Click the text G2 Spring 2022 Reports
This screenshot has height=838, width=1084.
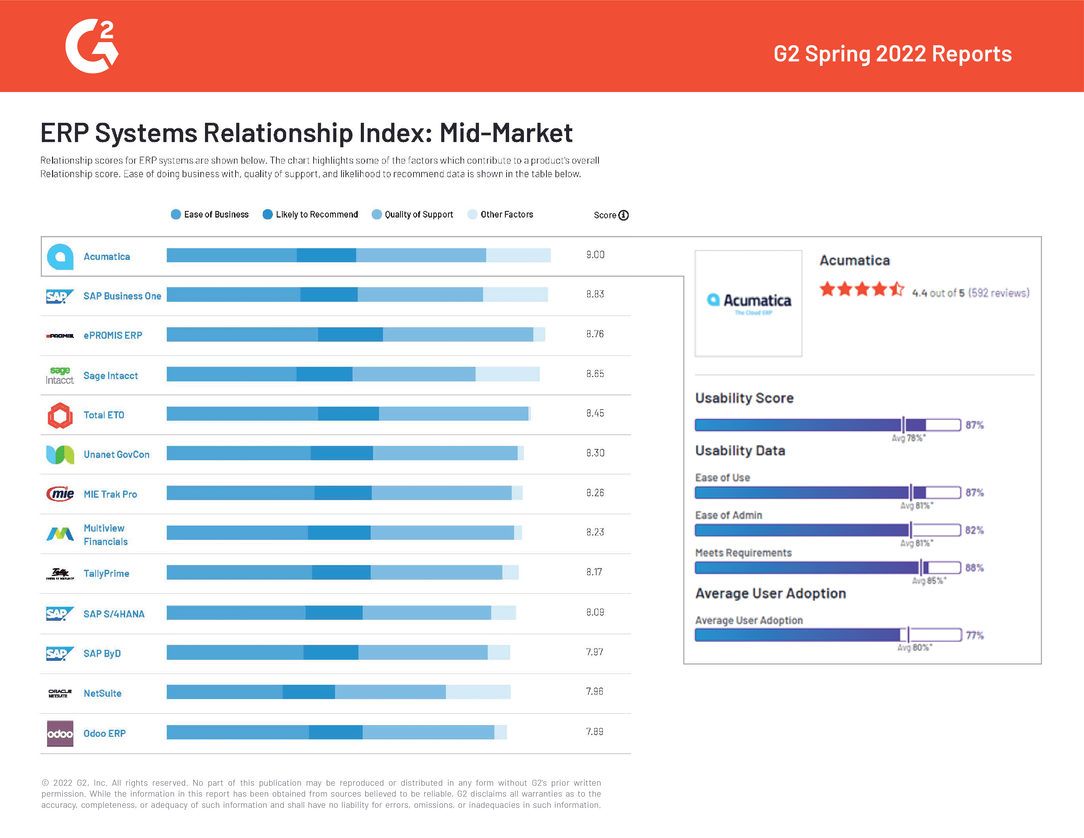pos(892,54)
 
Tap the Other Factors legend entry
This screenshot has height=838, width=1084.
pos(501,214)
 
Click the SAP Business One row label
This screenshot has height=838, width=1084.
pos(122,296)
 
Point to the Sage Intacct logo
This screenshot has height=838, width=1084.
pos(60,375)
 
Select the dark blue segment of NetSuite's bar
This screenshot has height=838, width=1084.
pos(309,692)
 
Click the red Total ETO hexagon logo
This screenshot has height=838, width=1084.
pos(60,415)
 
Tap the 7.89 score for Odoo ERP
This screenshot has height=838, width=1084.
pos(594,731)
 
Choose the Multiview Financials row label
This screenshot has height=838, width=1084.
pos(105,535)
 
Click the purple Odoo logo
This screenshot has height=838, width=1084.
pos(60,733)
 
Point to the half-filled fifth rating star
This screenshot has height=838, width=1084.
pos(896,289)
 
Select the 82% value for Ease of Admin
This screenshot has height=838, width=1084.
pos(974,530)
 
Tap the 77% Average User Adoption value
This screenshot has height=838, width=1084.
pos(974,635)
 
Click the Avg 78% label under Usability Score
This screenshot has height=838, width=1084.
pos(908,438)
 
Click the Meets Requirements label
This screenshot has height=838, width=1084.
pos(743,553)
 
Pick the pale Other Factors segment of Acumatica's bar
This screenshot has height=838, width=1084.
pos(518,255)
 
